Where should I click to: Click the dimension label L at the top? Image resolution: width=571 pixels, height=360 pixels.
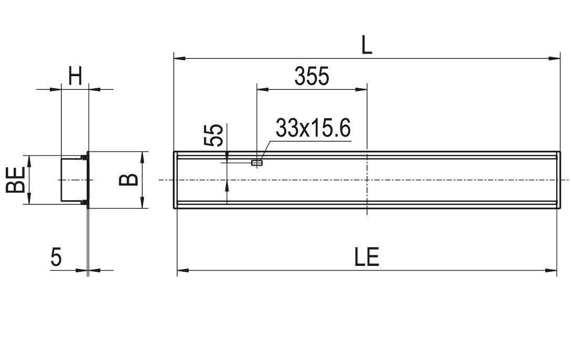(367, 45)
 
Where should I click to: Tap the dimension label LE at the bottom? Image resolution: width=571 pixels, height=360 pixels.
(367, 257)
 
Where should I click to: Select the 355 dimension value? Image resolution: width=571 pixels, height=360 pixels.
(312, 76)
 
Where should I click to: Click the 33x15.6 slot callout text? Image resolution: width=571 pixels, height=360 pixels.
(313, 128)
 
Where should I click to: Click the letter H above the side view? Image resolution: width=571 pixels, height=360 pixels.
(75, 76)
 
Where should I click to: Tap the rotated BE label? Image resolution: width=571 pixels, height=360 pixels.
(16, 180)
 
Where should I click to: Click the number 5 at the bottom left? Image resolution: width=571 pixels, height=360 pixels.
(56, 257)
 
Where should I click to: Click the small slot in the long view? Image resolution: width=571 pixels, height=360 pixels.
(257, 162)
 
